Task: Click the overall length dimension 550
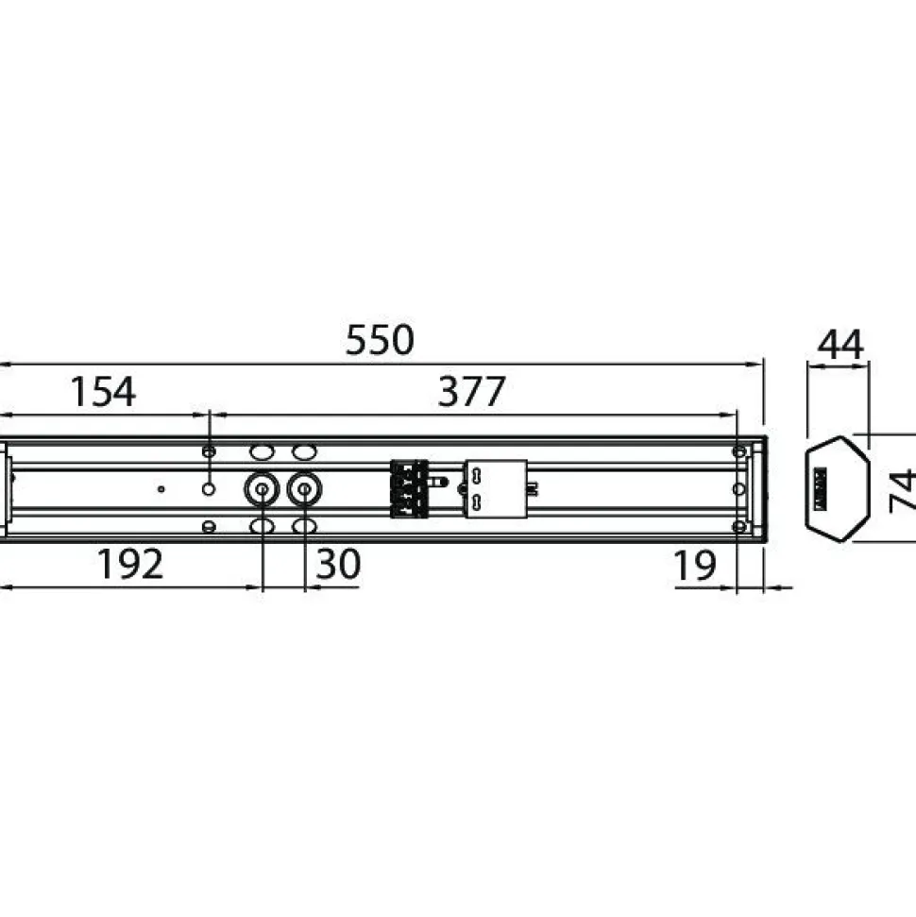point(380,340)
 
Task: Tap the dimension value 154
point(103,392)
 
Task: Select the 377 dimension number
point(471,391)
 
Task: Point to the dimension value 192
point(130,564)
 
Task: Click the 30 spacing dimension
point(338,564)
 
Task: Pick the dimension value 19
point(695,565)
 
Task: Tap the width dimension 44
point(840,345)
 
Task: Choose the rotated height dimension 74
point(902,490)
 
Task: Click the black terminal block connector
point(410,489)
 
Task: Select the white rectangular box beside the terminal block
point(496,489)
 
